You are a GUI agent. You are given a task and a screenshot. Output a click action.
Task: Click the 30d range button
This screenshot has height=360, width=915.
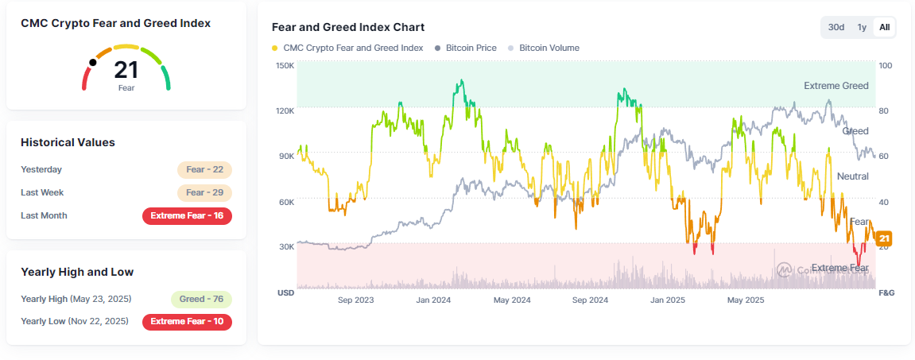(836, 27)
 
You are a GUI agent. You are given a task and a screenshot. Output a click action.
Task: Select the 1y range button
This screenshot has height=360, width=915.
(862, 27)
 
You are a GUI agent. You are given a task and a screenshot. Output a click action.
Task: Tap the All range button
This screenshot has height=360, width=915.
(884, 27)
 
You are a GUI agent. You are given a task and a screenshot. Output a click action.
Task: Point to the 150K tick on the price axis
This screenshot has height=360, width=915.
(285, 65)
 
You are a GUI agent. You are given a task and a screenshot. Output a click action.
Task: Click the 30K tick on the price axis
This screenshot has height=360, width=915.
(285, 247)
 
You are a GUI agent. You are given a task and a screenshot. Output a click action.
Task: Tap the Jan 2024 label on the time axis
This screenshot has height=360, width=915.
(433, 300)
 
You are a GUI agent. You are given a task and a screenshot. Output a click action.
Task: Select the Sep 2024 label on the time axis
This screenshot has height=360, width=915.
(590, 300)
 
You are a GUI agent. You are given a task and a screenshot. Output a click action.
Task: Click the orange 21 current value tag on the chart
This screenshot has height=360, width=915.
(884, 238)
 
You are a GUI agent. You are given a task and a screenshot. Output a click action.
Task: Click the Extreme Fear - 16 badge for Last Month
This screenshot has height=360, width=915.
(187, 216)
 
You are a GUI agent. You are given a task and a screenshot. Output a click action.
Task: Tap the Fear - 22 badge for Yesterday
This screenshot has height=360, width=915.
(204, 170)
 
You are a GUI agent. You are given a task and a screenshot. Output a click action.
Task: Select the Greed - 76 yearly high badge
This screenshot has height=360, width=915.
(201, 300)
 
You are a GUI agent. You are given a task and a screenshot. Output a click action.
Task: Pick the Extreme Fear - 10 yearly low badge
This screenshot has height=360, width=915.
(187, 322)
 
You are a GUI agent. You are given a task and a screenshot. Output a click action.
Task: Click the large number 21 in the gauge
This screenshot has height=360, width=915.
(126, 70)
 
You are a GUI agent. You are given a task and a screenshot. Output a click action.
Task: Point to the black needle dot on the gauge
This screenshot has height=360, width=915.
(93, 62)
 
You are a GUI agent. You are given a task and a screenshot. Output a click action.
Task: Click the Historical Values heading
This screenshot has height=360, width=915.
(68, 142)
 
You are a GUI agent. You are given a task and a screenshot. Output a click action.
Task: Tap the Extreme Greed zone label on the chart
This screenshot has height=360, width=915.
(836, 86)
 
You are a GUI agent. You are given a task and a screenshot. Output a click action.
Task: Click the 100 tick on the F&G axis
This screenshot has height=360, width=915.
(885, 65)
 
